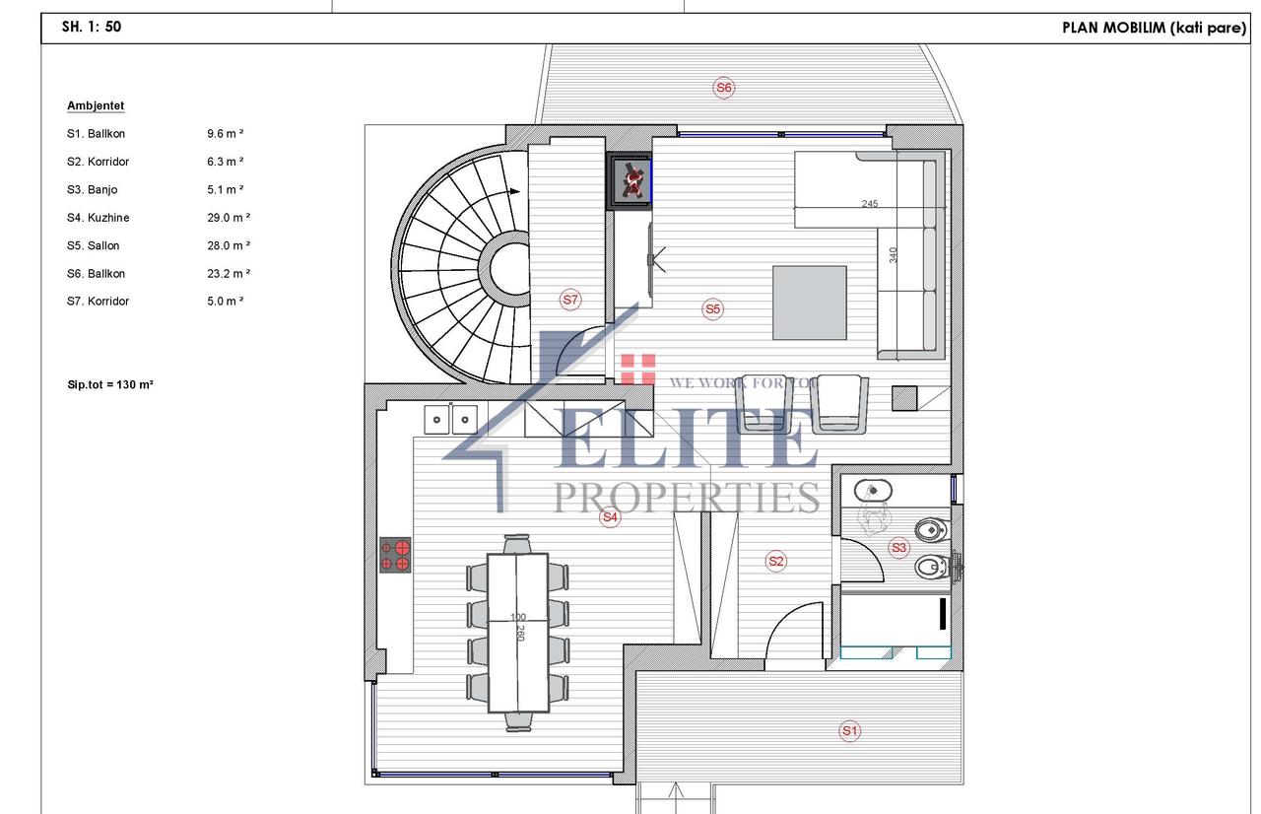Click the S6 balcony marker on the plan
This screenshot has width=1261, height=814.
point(723,88)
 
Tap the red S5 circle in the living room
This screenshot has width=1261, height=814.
point(712,309)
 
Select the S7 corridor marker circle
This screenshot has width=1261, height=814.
point(570,300)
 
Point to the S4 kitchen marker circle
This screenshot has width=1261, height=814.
point(610,516)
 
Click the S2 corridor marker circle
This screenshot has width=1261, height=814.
point(775,562)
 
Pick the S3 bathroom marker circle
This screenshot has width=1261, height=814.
point(899,547)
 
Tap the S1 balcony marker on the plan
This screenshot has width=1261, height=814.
point(849,731)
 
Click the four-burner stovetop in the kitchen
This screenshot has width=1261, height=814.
point(395,555)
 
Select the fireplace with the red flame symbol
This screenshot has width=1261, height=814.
point(630,180)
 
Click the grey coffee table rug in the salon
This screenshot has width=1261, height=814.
point(810,303)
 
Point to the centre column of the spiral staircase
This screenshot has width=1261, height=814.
point(509,268)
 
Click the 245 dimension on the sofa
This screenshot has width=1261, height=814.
point(870,203)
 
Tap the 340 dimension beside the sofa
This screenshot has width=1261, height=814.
point(893,255)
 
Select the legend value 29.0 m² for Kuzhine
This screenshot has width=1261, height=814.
point(229,218)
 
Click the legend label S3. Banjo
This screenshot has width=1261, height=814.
point(93,190)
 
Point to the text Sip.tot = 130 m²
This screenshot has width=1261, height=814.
point(110,384)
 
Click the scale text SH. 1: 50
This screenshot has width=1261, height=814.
point(92,27)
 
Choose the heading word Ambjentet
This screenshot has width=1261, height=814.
point(96,105)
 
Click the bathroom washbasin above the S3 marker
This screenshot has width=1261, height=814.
point(873,491)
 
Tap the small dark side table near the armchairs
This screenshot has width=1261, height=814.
point(904,398)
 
